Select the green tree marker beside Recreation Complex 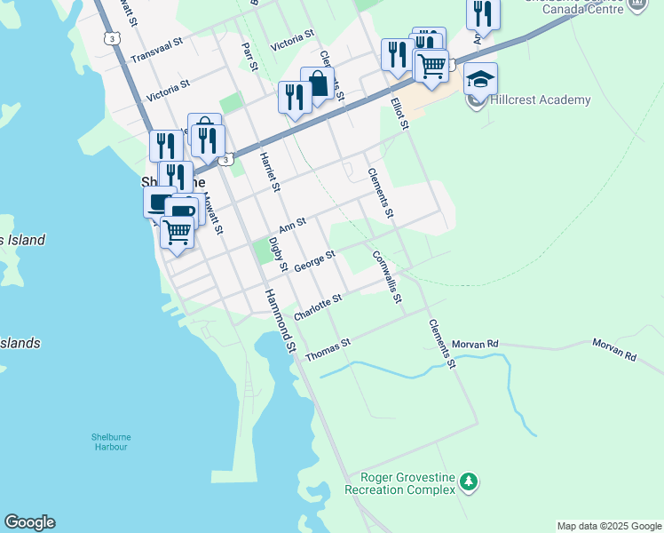click(x=468, y=482)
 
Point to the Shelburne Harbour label click(x=109, y=442)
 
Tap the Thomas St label click(x=328, y=349)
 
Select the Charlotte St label click(x=318, y=309)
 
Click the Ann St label click(x=292, y=224)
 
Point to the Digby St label click(x=276, y=254)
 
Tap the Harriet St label click(x=269, y=171)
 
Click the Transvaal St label click(x=156, y=50)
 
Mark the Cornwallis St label click(x=387, y=275)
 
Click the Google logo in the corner click(x=29, y=522)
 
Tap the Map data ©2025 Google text click(x=609, y=526)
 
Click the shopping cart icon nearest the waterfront click(x=177, y=232)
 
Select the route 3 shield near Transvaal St click(x=110, y=38)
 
